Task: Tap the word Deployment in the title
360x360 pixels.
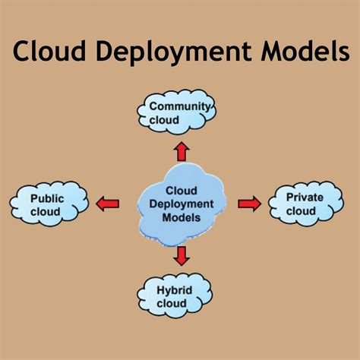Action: click(x=170, y=53)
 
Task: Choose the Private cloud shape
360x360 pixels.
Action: click(x=305, y=204)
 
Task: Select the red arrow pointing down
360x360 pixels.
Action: click(x=181, y=256)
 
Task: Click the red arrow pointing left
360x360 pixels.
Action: click(x=107, y=203)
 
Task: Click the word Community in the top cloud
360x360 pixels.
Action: click(x=179, y=106)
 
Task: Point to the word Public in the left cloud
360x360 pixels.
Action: click(x=47, y=198)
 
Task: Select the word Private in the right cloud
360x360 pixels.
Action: click(x=305, y=197)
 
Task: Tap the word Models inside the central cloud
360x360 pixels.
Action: click(x=182, y=217)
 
